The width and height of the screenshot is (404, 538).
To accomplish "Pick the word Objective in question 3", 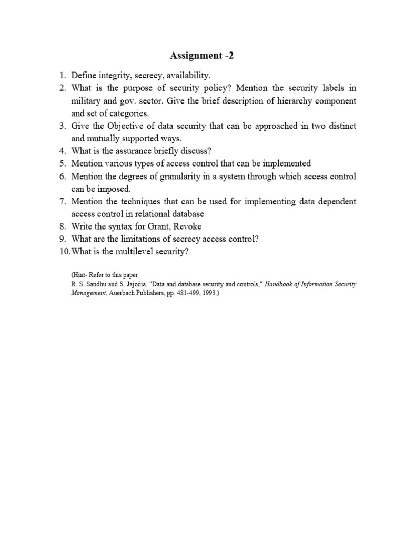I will (x=125, y=126).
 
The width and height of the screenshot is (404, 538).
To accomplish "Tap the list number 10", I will (x=65, y=252).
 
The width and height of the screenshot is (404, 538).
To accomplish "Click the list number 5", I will (x=62, y=163).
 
